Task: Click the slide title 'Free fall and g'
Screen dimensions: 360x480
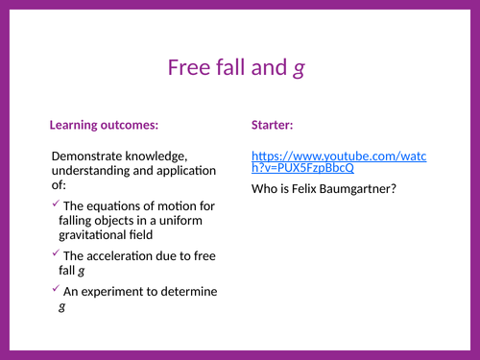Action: click(236, 67)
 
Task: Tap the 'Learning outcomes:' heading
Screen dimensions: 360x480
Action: click(104, 125)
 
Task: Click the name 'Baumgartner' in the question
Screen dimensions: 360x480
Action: click(360, 188)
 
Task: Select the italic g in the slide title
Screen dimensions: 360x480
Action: click(299, 69)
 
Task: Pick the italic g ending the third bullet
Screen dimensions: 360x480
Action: click(62, 307)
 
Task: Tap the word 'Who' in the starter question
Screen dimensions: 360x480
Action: click(264, 188)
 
